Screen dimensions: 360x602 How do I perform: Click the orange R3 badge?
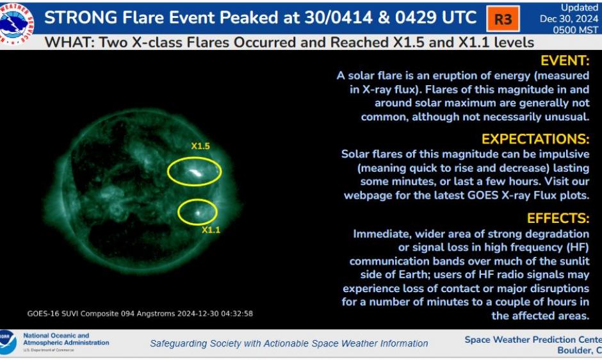pyautogui.click(x=503, y=19)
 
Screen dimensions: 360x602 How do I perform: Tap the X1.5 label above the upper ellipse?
pyautogui.click(x=200, y=146)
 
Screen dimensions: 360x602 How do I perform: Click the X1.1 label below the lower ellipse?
pyautogui.click(x=211, y=230)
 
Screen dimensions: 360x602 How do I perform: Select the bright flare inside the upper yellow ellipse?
pyautogui.click(x=195, y=172)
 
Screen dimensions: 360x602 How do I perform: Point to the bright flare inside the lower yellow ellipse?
pyautogui.click(x=198, y=212)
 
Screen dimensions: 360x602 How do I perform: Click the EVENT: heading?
pyautogui.click(x=564, y=61)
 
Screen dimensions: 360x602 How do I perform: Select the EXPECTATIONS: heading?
pyautogui.click(x=535, y=139)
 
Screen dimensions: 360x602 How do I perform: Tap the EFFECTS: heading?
pyautogui.click(x=558, y=218)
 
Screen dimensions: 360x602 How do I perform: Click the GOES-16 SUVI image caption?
pyautogui.click(x=140, y=314)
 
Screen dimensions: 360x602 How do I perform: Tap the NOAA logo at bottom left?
pyautogui.click(x=7, y=342)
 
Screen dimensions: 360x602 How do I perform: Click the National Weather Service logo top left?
pyautogui.click(x=17, y=22)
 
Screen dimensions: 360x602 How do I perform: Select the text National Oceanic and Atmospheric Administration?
pyautogui.click(x=65, y=339)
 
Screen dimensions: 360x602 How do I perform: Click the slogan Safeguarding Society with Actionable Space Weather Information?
pyautogui.click(x=289, y=343)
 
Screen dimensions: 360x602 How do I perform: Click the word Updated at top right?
pyautogui.click(x=580, y=8)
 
